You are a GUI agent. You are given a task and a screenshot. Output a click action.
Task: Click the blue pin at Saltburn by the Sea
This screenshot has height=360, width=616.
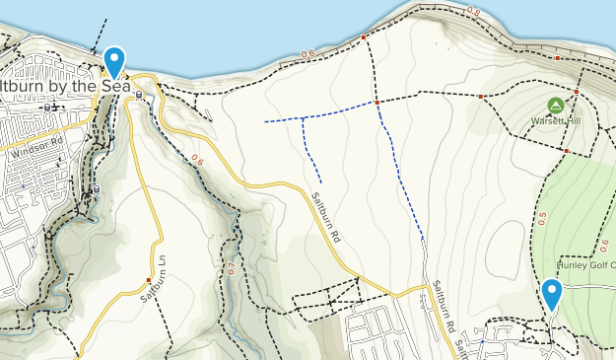[x=114, y=61]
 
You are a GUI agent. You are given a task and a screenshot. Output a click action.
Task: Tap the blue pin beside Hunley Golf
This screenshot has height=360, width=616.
[x=552, y=292]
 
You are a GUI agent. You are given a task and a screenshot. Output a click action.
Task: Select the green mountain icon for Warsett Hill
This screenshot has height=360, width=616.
[x=555, y=106]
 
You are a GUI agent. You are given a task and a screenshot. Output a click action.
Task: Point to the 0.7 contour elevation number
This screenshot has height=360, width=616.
[x=232, y=267]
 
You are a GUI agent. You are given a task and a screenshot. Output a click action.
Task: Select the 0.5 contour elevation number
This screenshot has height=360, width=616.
[x=542, y=219]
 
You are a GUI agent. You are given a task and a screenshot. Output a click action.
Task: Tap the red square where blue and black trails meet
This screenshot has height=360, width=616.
[x=377, y=102]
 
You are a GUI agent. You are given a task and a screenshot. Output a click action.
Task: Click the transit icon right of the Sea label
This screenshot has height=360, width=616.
[x=138, y=96]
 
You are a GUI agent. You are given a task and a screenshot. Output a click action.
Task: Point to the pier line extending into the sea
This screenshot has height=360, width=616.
[x=103, y=35]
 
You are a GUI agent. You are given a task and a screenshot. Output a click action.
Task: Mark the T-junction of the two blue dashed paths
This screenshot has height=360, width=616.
[x=303, y=117]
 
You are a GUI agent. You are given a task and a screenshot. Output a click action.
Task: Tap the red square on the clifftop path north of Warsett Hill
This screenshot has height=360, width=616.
[x=557, y=58]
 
